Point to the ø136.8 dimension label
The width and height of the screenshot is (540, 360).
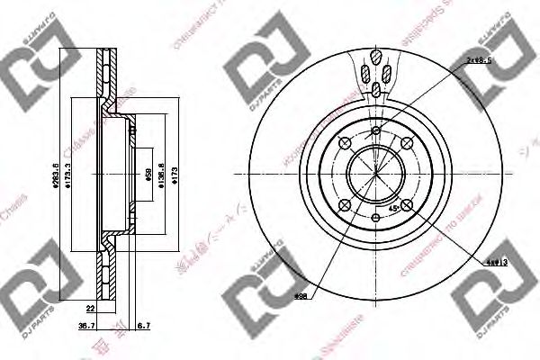click(160, 174)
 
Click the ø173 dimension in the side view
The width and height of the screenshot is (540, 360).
click(175, 174)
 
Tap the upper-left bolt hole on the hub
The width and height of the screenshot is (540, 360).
click(344, 142)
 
